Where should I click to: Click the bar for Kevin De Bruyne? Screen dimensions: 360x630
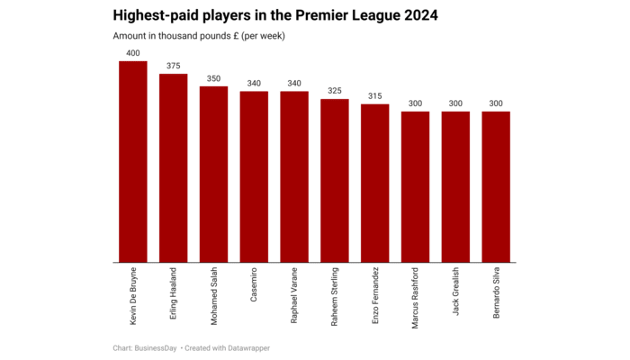click(x=133, y=162)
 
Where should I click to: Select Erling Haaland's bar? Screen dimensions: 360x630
click(x=174, y=168)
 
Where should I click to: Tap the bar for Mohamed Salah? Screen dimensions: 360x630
click(x=213, y=175)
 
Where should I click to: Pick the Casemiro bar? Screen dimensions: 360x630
click(x=254, y=177)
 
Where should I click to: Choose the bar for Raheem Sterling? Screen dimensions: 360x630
click(x=335, y=181)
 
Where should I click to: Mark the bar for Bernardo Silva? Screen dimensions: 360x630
click(x=496, y=187)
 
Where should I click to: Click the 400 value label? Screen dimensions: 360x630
click(x=133, y=53)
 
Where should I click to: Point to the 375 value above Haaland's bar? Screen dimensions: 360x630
click(x=174, y=66)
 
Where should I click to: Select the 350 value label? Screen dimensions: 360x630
click(x=213, y=78)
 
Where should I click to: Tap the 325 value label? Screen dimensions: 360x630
click(x=335, y=91)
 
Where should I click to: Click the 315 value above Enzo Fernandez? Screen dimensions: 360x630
click(x=375, y=96)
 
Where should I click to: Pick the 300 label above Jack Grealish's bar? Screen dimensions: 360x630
click(x=455, y=103)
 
